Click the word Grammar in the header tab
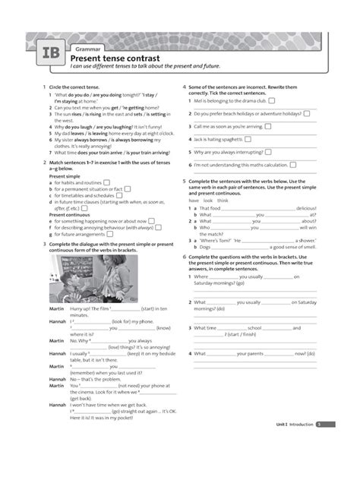(85, 48)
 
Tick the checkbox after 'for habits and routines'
(106, 183)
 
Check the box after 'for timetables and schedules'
(119, 195)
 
